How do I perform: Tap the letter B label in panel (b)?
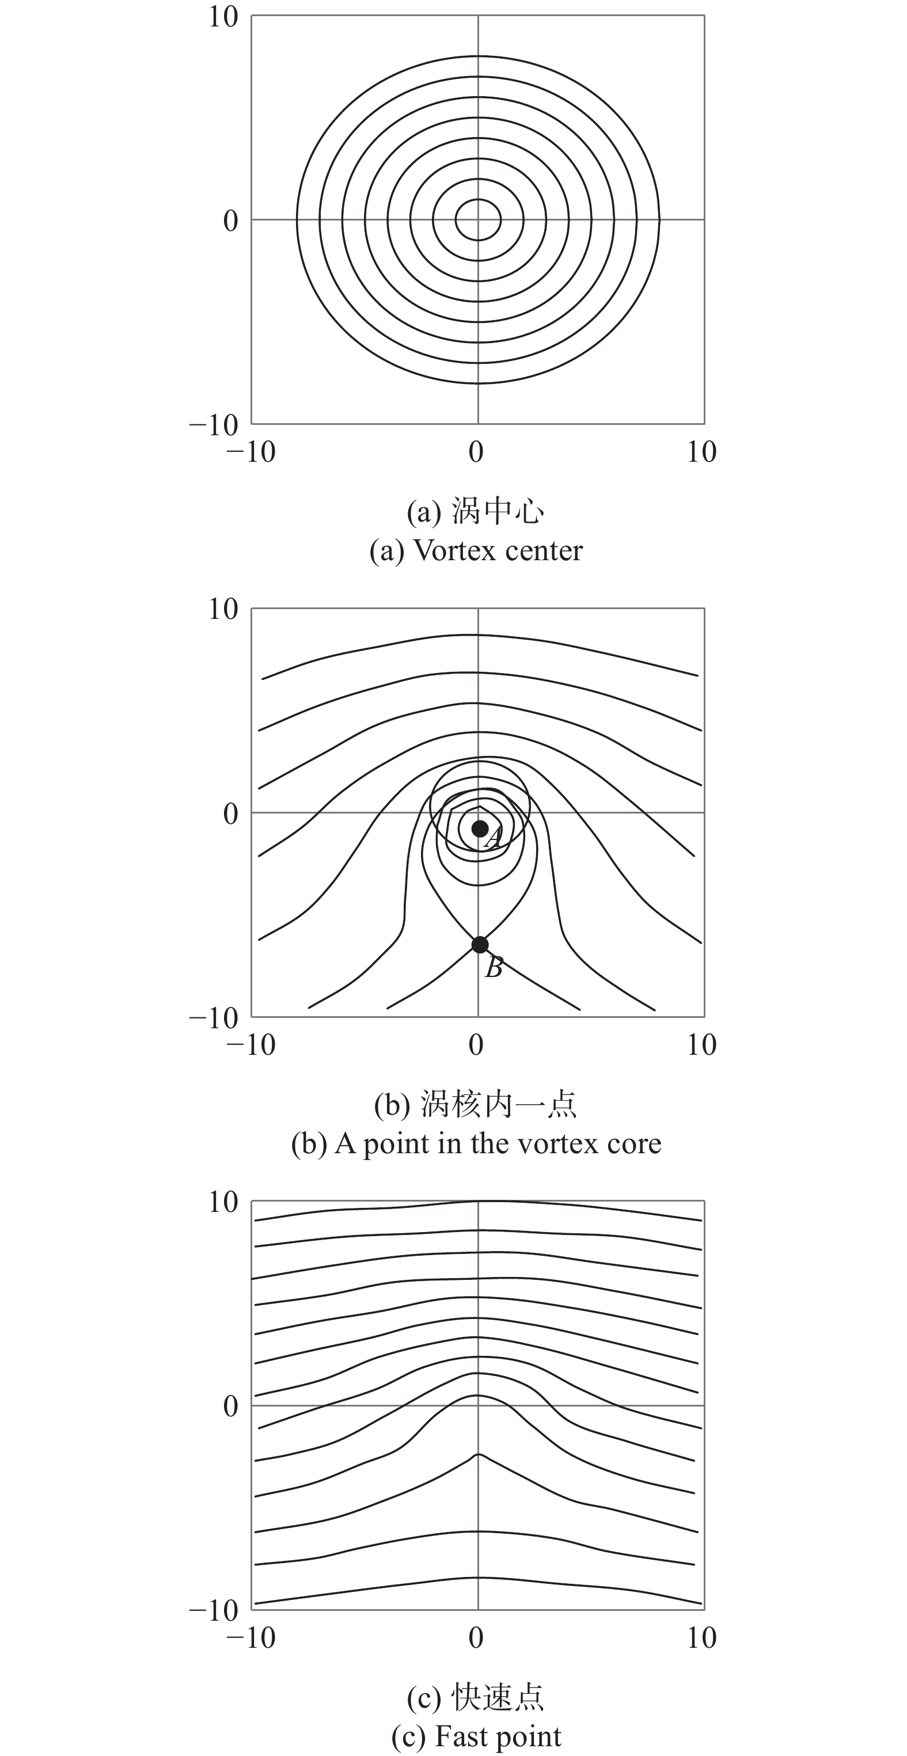pyautogui.click(x=494, y=967)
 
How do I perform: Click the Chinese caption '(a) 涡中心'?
pyautogui.click(x=475, y=511)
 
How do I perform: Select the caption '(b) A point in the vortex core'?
pyautogui.click(x=476, y=1144)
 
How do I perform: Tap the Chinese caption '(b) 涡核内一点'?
pyautogui.click(x=475, y=1104)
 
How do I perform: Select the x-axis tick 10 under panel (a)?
pyautogui.click(x=702, y=452)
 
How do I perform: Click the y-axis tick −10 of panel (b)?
pyautogui.click(x=214, y=1018)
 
